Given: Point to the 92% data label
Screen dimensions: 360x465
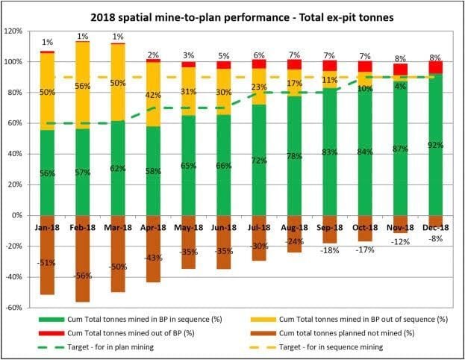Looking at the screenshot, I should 435,146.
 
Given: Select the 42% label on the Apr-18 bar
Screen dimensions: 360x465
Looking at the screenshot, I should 153,95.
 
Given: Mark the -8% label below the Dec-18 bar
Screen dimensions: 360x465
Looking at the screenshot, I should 435,238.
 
